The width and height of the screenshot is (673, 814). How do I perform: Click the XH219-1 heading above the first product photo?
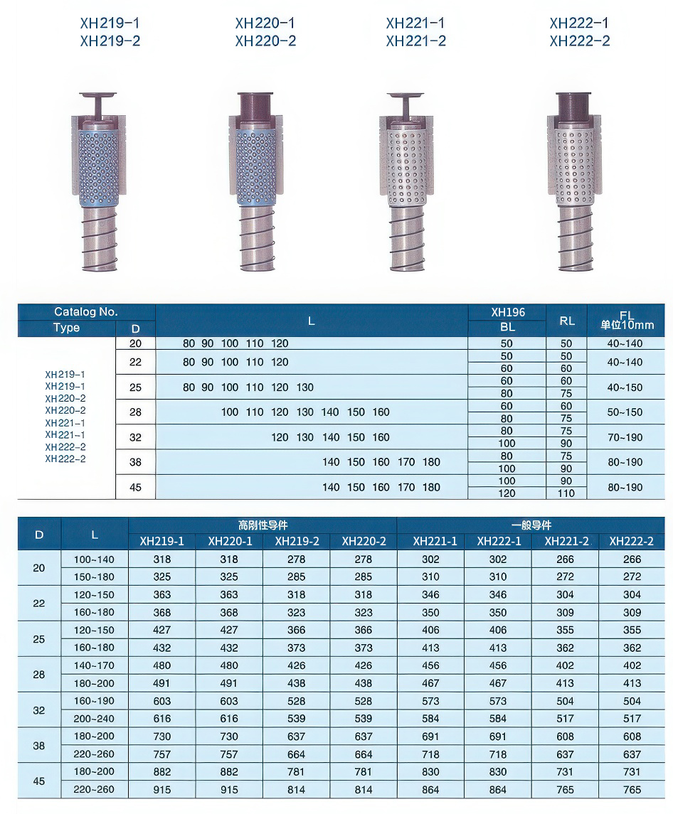pyautogui.click(x=110, y=23)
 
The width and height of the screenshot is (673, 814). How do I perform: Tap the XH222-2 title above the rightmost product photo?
pyautogui.click(x=580, y=41)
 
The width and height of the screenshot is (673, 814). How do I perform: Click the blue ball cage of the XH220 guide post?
pyautogui.click(x=257, y=166)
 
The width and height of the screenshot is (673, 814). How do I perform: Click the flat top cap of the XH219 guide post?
pyautogui.click(x=97, y=95)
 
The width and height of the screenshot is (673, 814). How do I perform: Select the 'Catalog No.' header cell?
pyautogui.click(x=86, y=311)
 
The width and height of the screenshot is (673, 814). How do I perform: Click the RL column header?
pyautogui.click(x=566, y=321)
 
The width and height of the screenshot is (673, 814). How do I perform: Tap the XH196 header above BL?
pyautogui.click(x=507, y=312)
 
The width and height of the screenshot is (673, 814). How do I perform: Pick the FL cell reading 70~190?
pyautogui.click(x=625, y=437)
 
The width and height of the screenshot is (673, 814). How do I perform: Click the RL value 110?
pyautogui.click(x=566, y=493)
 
